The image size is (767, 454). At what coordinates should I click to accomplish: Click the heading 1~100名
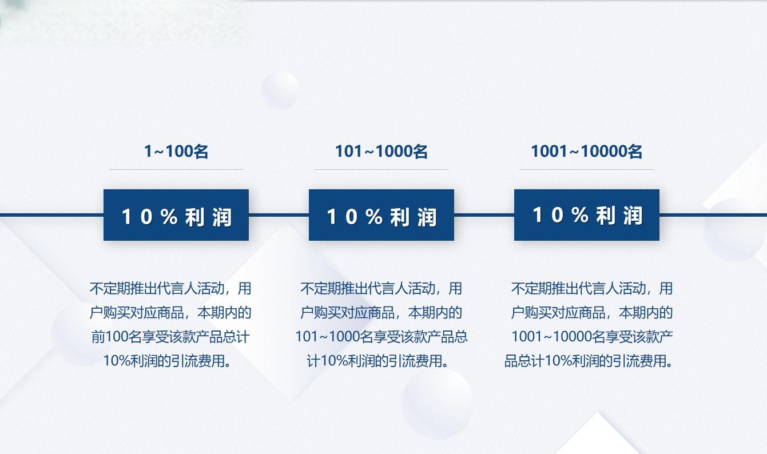click(176, 152)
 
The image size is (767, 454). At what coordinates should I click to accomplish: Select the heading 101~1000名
click(381, 152)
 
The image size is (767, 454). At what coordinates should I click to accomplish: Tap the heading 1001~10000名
click(586, 152)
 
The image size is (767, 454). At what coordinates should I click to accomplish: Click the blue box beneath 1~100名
click(176, 215)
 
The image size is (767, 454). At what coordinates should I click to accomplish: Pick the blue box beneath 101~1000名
click(381, 215)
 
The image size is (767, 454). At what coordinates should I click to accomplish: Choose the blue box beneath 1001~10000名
click(587, 215)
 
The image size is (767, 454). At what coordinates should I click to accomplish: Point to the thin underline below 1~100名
click(176, 169)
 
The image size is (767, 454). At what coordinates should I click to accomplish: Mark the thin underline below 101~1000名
click(381, 169)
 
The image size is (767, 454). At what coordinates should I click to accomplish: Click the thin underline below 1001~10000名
click(586, 169)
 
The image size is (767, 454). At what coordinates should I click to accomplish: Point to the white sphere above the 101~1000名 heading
click(280, 90)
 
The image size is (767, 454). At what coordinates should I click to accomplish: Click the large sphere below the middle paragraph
click(438, 403)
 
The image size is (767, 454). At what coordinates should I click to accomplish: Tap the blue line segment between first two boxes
click(279, 215)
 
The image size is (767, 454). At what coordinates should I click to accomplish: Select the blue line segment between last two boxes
click(484, 215)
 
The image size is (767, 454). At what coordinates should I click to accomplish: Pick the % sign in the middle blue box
click(374, 217)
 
